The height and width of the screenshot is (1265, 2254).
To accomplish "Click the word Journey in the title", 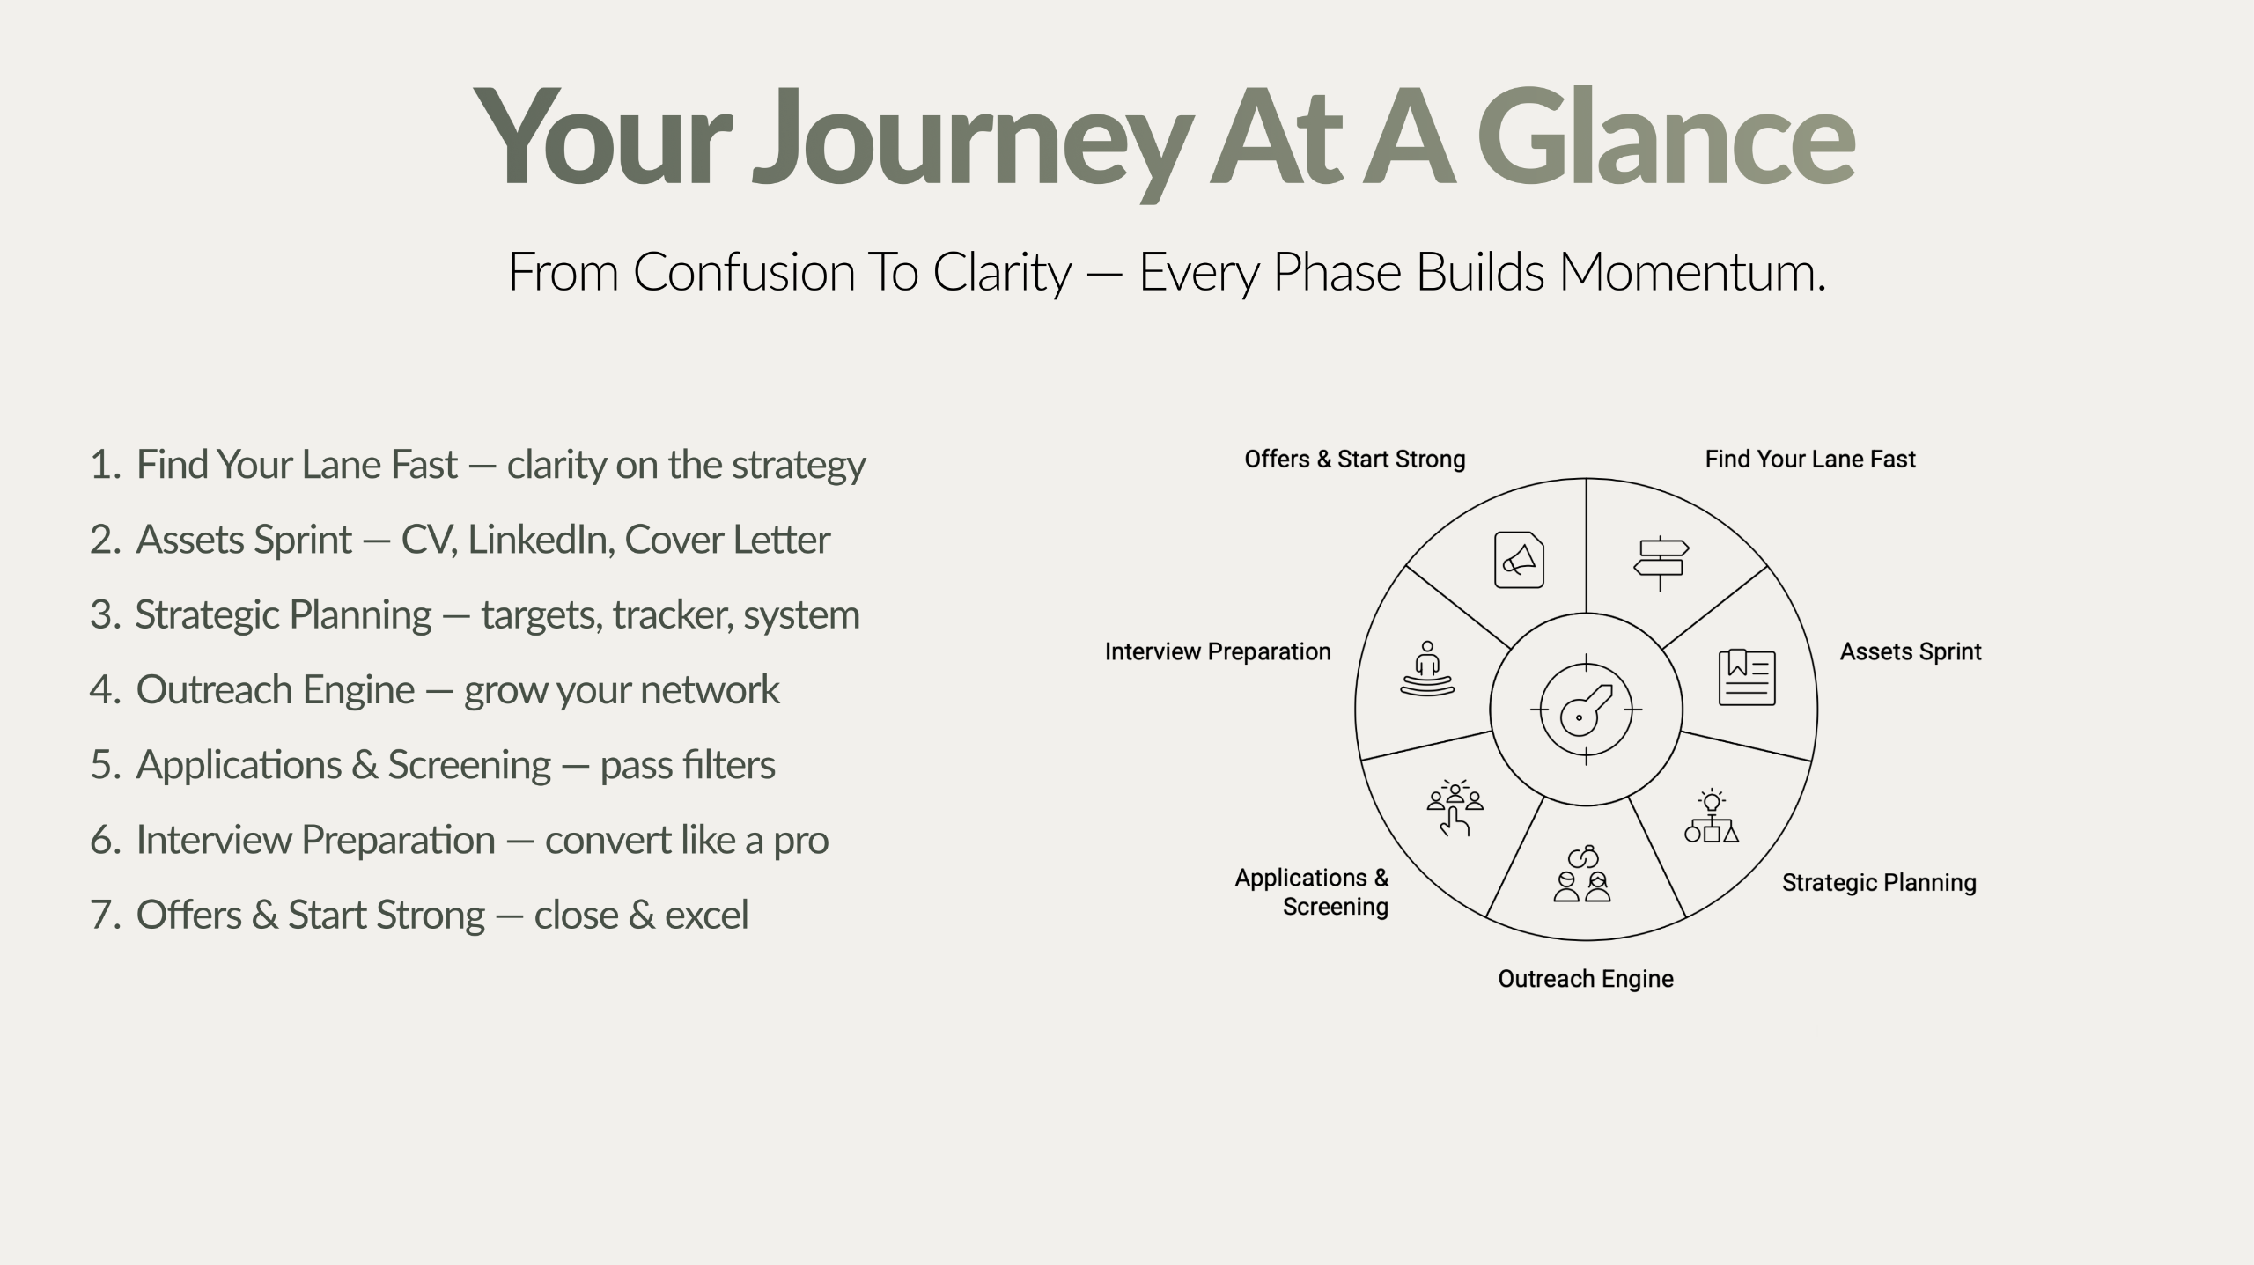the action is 971,141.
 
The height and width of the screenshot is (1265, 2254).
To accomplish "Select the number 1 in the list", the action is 104,464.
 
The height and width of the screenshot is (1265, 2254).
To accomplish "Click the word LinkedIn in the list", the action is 541,539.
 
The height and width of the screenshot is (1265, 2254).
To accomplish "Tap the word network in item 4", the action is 710,689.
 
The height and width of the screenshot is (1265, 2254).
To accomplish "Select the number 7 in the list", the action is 104,915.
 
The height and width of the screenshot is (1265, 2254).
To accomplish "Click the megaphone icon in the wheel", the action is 1519,560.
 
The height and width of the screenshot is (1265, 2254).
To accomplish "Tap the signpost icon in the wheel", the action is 1661,563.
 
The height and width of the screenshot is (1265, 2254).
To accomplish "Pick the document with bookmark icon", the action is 1747,677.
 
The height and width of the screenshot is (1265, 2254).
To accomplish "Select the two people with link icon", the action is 1581,874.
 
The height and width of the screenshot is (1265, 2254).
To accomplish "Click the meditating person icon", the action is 1427,669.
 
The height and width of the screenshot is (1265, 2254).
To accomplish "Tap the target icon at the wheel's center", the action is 1586,710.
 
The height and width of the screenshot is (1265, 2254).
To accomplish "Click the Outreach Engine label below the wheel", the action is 1586,979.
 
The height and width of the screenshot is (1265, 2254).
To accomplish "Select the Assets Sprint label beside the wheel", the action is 1911,652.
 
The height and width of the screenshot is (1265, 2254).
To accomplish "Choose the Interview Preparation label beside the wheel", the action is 1218,652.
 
